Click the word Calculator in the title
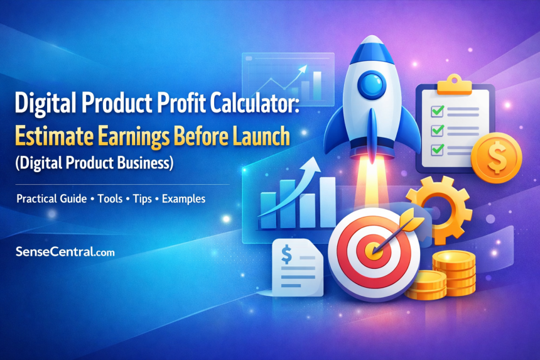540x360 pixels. pos(254,102)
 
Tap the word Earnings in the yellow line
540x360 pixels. pos(134,137)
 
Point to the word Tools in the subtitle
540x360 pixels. pos(110,199)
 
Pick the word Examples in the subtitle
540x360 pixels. pos(183,199)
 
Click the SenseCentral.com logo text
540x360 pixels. pos(65,251)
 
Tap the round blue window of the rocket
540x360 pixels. pos(370,84)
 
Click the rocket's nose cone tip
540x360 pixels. pos(371,36)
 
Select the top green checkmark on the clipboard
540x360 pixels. pos(438,111)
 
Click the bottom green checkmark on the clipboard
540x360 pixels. pos(438,149)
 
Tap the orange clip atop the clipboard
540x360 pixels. pos(454,85)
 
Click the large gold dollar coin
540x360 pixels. pos(496,158)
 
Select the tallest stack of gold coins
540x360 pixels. pos(454,273)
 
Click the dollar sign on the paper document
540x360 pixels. pos(286,254)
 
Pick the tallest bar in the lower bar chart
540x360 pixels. pos(327,202)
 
